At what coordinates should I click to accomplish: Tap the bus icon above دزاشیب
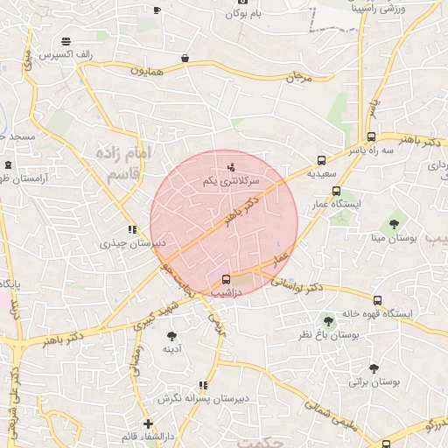coord(227,279)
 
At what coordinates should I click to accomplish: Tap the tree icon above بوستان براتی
coord(374,368)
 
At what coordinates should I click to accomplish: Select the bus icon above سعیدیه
coord(322,161)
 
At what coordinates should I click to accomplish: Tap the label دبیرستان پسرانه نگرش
coord(204,398)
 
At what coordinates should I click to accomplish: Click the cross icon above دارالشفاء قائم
coord(149,423)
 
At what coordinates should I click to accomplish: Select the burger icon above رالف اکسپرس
coord(66,41)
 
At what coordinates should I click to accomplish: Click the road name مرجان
coord(298,78)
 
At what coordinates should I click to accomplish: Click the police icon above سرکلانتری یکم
coord(231,166)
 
